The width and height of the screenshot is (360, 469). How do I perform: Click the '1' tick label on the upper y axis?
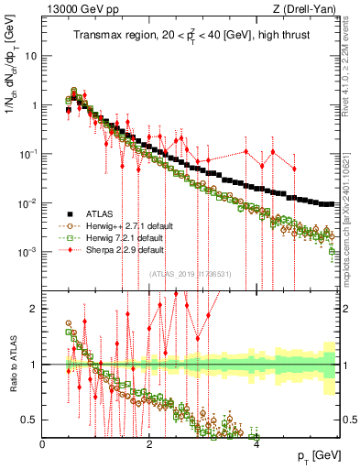click(34, 104)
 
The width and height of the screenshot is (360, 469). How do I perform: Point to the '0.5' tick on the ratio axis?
click(28, 420)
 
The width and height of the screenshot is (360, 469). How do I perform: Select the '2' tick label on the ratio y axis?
click(34, 309)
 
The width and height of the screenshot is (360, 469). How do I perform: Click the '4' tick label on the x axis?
click(257, 444)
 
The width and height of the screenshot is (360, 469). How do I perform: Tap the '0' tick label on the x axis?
click(43, 444)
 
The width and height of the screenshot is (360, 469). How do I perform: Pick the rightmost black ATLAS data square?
click(331, 203)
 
